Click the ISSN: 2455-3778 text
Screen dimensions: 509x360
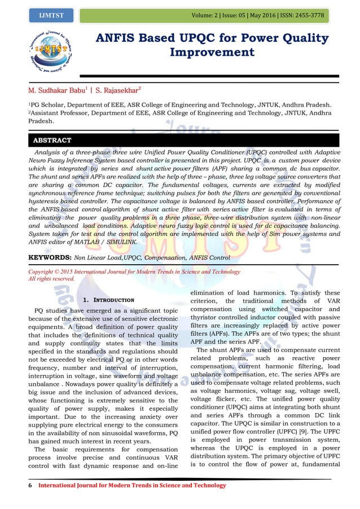point(299,15)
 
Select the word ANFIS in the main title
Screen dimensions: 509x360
point(120,39)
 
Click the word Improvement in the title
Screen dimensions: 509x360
point(212,52)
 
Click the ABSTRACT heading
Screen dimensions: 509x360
point(52,141)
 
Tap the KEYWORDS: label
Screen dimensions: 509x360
point(49,257)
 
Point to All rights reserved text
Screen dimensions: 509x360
point(51,279)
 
